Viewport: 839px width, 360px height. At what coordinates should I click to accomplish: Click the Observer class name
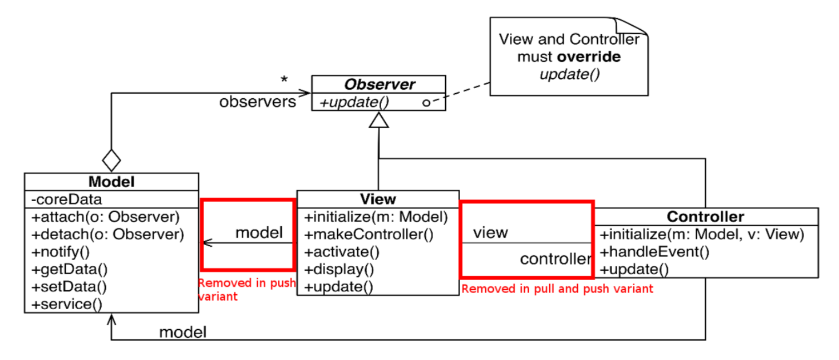click(x=378, y=85)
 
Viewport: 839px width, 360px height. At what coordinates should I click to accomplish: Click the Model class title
click(x=111, y=182)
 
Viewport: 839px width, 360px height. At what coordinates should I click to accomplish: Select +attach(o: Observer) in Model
click(x=105, y=217)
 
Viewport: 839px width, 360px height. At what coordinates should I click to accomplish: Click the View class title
click(x=378, y=199)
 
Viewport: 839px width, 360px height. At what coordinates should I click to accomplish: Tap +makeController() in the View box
click(x=369, y=234)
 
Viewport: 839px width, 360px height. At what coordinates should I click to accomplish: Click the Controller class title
click(x=706, y=217)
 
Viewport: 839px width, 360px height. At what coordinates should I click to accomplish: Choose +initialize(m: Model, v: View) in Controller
click(x=702, y=234)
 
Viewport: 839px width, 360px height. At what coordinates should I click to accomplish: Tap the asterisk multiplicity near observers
click(x=284, y=81)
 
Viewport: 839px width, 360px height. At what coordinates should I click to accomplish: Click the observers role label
click(x=258, y=102)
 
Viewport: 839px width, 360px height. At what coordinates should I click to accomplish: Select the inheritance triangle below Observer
click(x=378, y=120)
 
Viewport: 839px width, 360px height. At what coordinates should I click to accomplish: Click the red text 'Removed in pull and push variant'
click(x=557, y=289)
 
